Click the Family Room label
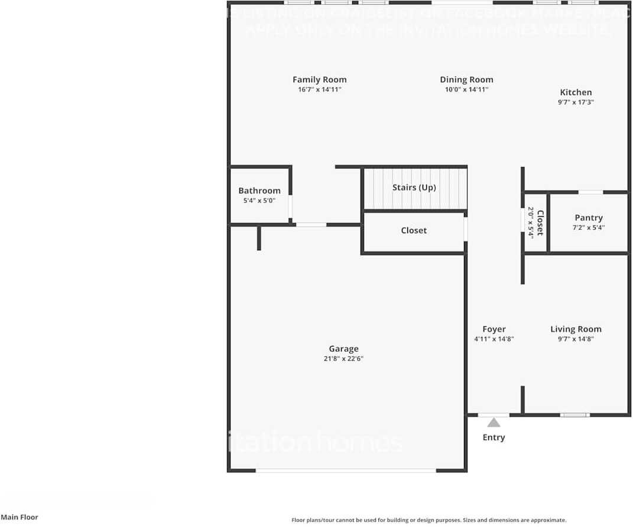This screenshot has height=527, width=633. [x=319, y=80]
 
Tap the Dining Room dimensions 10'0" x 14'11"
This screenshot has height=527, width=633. [x=466, y=90]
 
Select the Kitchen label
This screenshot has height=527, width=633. [x=576, y=92]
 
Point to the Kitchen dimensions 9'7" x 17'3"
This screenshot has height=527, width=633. [x=576, y=102]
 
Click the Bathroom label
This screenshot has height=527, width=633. [x=259, y=191]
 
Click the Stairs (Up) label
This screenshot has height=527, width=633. [x=414, y=188]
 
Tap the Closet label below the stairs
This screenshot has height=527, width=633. [x=413, y=231]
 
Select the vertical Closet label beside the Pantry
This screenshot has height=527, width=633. [x=539, y=222]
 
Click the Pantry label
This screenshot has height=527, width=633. [x=588, y=218]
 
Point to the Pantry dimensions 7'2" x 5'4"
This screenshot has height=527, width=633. [x=588, y=228]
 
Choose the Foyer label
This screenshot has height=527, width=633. [x=494, y=329]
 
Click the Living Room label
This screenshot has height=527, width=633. [x=576, y=329]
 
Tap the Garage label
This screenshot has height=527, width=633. [x=343, y=349]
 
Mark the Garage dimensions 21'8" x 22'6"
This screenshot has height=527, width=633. [x=343, y=359]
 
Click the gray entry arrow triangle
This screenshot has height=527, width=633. [x=494, y=423]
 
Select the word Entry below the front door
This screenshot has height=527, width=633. [x=494, y=437]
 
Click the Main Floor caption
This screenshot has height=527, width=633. [x=19, y=517]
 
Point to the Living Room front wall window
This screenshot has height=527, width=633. [x=574, y=415]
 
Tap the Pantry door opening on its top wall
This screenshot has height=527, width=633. [x=590, y=192]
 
